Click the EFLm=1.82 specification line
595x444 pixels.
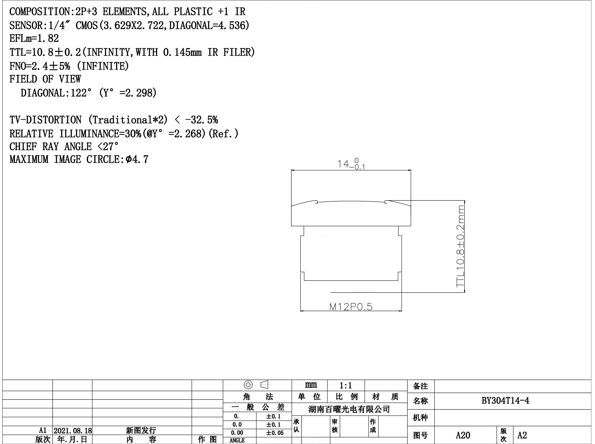click(x=34, y=38)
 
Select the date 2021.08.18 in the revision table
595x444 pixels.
click(x=73, y=431)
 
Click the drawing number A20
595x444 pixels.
click(x=463, y=435)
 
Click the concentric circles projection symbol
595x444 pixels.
click(x=248, y=385)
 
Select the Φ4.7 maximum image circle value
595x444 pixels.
click(x=137, y=159)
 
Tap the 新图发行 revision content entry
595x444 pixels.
click(x=141, y=431)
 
